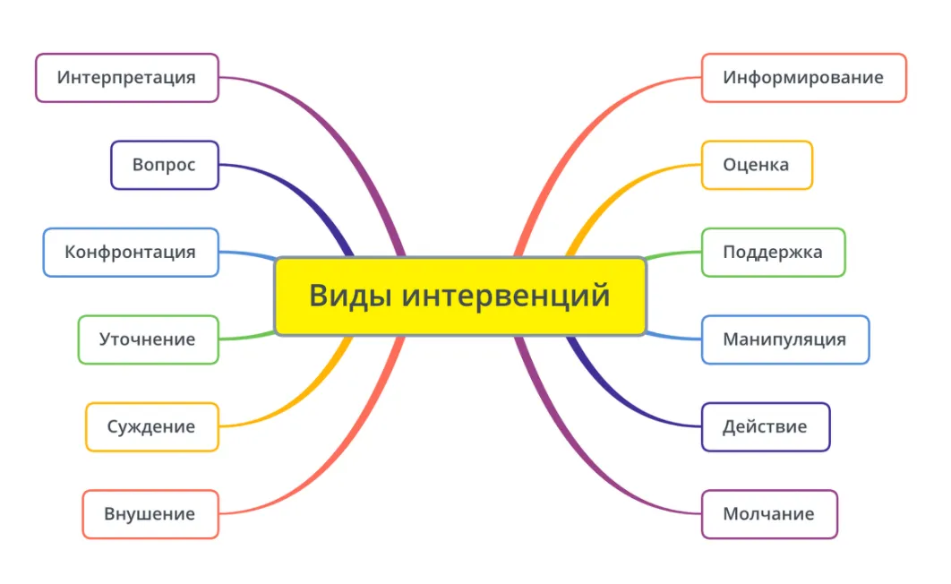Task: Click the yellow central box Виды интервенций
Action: click(459, 296)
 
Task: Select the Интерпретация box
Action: click(126, 78)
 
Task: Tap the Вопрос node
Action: click(164, 165)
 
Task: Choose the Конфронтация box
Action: click(130, 252)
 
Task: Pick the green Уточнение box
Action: click(148, 339)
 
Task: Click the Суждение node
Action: click(151, 426)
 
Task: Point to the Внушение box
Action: click(150, 514)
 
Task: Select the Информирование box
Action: click(803, 78)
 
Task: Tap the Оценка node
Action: click(757, 165)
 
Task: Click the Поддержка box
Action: click(773, 252)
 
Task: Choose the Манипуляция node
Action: click(784, 339)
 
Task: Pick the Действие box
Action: click(765, 426)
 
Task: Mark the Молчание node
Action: click(768, 514)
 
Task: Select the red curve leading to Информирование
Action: click(573, 143)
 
